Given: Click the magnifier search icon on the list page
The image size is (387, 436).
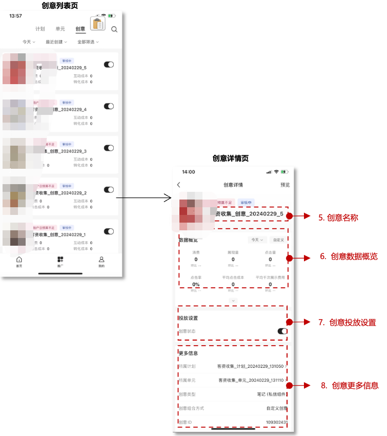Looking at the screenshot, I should [x=114, y=29].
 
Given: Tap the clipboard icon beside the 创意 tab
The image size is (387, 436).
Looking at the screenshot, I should [x=97, y=24].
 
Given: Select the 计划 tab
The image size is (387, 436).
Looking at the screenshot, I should [x=40, y=29].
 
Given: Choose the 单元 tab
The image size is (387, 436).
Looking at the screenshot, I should [x=60, y=29].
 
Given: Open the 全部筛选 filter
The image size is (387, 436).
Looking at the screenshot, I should [x=87, y=42].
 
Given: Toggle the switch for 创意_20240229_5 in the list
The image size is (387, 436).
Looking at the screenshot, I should [x=109, y=65].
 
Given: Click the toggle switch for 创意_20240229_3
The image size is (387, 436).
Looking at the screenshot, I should [x=109, y=148].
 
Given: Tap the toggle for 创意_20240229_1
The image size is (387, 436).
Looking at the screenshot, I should [x=109, y=231].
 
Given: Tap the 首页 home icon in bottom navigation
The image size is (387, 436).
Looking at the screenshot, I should [x=19, y=261].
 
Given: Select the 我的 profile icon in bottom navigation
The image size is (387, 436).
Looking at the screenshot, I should [x=101, y=261].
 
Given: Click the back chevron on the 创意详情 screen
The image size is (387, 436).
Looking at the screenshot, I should [x=178, y=185].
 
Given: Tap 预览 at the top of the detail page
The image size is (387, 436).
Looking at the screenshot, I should [x=285, y=185].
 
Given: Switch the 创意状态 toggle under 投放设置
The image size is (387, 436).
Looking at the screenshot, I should [x=282, y=331].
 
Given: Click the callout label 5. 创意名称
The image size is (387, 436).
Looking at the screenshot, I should [x=338, y=217].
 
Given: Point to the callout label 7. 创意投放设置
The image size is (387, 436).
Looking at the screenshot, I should [x=347, y=323].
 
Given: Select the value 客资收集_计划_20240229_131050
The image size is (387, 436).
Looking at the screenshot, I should [x=250, y=366].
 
